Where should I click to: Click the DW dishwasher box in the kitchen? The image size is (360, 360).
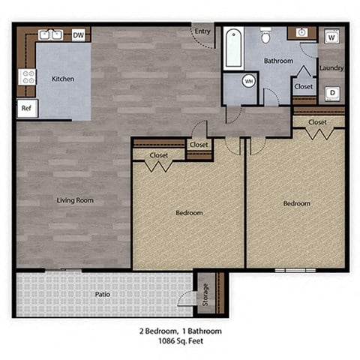(79, 34)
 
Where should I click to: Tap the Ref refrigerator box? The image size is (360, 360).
(25, 108)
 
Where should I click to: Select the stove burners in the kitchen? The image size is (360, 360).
(27, 77)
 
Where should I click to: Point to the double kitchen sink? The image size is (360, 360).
(49, 34)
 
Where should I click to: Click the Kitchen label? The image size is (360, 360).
(63, 78)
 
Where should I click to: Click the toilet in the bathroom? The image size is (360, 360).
(265, 35)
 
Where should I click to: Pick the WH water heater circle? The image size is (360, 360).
(249, 81)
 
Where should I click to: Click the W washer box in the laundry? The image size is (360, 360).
(331, 37)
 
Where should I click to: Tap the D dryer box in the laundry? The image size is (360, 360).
(331, 93)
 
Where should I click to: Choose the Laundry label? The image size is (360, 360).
(331, 68)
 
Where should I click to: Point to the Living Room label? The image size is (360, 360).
(74, 200)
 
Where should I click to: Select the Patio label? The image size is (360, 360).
(103, 294)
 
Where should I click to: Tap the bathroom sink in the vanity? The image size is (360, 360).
(301, 33)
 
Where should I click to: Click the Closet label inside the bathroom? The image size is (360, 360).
(304, 86)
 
